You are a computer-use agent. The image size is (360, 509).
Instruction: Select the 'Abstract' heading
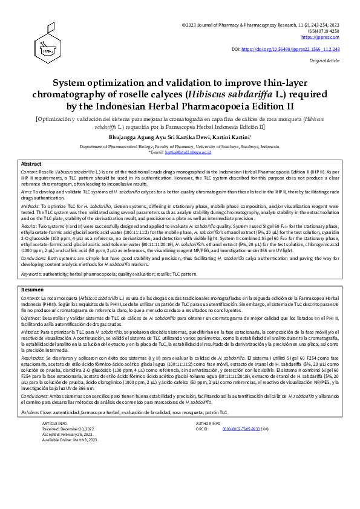[x=31, y=164]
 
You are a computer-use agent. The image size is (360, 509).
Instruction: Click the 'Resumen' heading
[x=32, y=290]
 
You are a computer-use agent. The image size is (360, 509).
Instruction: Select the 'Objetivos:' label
[x=32, y=317]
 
